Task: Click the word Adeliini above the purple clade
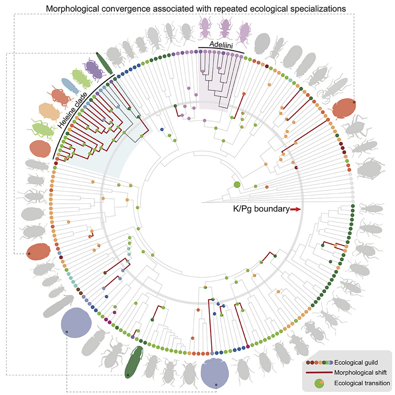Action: pos(222,46)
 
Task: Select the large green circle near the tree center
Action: pos(237,184)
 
